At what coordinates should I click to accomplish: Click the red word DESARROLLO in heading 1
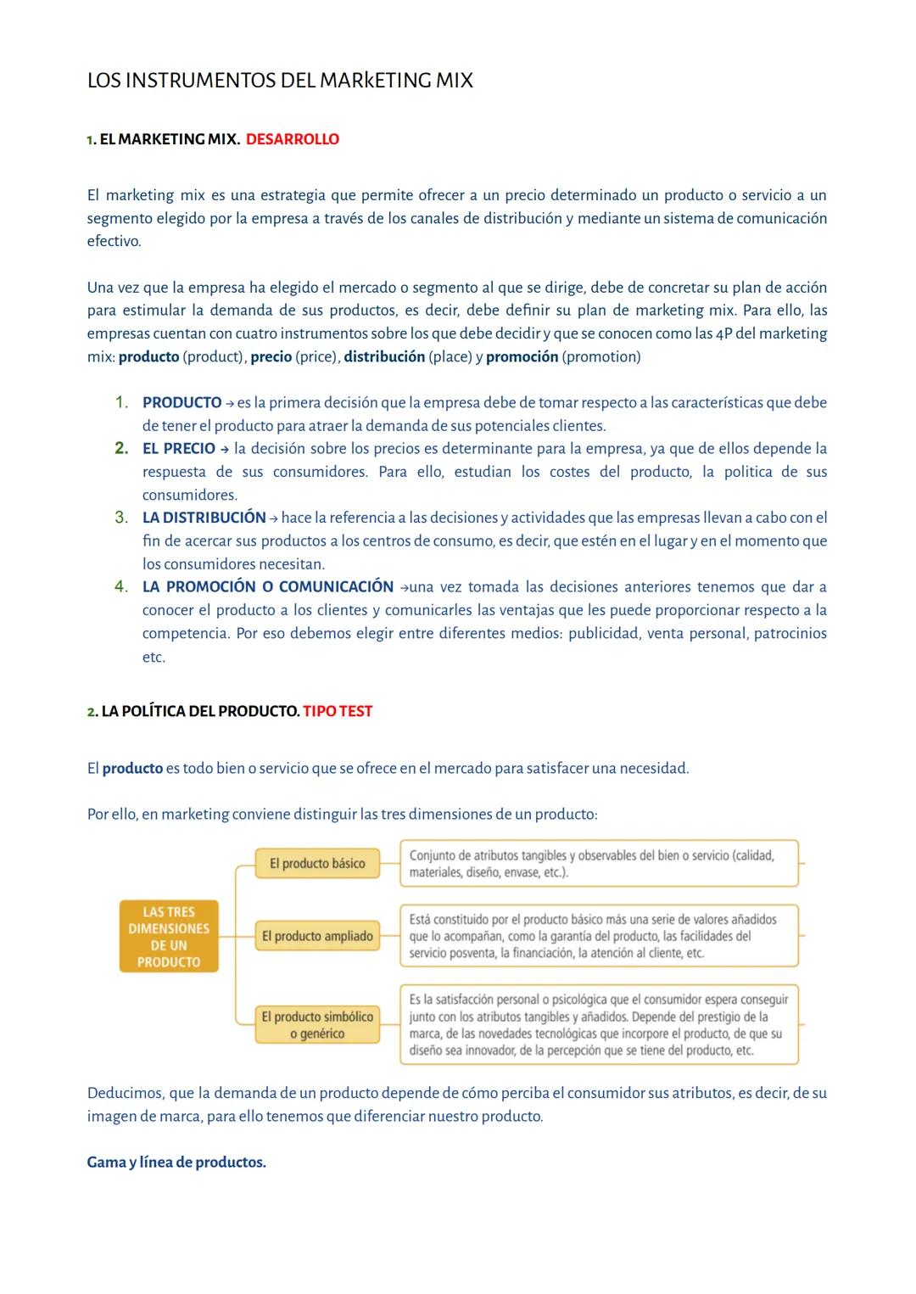point(292,139)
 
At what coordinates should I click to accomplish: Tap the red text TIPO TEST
point(337,711)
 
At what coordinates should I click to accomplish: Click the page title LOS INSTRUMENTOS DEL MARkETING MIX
point(280,81)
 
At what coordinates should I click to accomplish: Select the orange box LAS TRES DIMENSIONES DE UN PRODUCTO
point(169,937)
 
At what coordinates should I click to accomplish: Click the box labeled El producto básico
point(317,863)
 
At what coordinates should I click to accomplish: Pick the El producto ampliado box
point(317,936)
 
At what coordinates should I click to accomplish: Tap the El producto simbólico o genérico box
point(317,1024)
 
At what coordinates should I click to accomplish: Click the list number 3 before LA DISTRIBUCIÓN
point(121,517)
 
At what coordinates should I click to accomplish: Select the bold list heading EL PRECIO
point(178,448)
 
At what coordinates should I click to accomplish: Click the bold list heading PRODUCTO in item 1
point(182,402)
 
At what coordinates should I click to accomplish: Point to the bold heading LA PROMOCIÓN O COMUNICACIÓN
point(267,586)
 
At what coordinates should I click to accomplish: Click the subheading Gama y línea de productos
point(176,1162)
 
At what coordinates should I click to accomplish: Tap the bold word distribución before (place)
point(384,356)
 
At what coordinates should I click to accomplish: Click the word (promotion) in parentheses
point(601,356)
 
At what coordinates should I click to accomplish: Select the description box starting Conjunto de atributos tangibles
point(599,863)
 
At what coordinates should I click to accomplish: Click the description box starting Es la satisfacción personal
point(599,1024)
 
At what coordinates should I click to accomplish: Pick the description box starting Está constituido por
point(599,936)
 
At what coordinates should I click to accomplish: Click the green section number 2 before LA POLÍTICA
point(92,712)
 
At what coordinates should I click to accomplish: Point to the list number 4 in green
point(121,586)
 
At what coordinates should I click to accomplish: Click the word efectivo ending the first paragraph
point(113,241)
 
